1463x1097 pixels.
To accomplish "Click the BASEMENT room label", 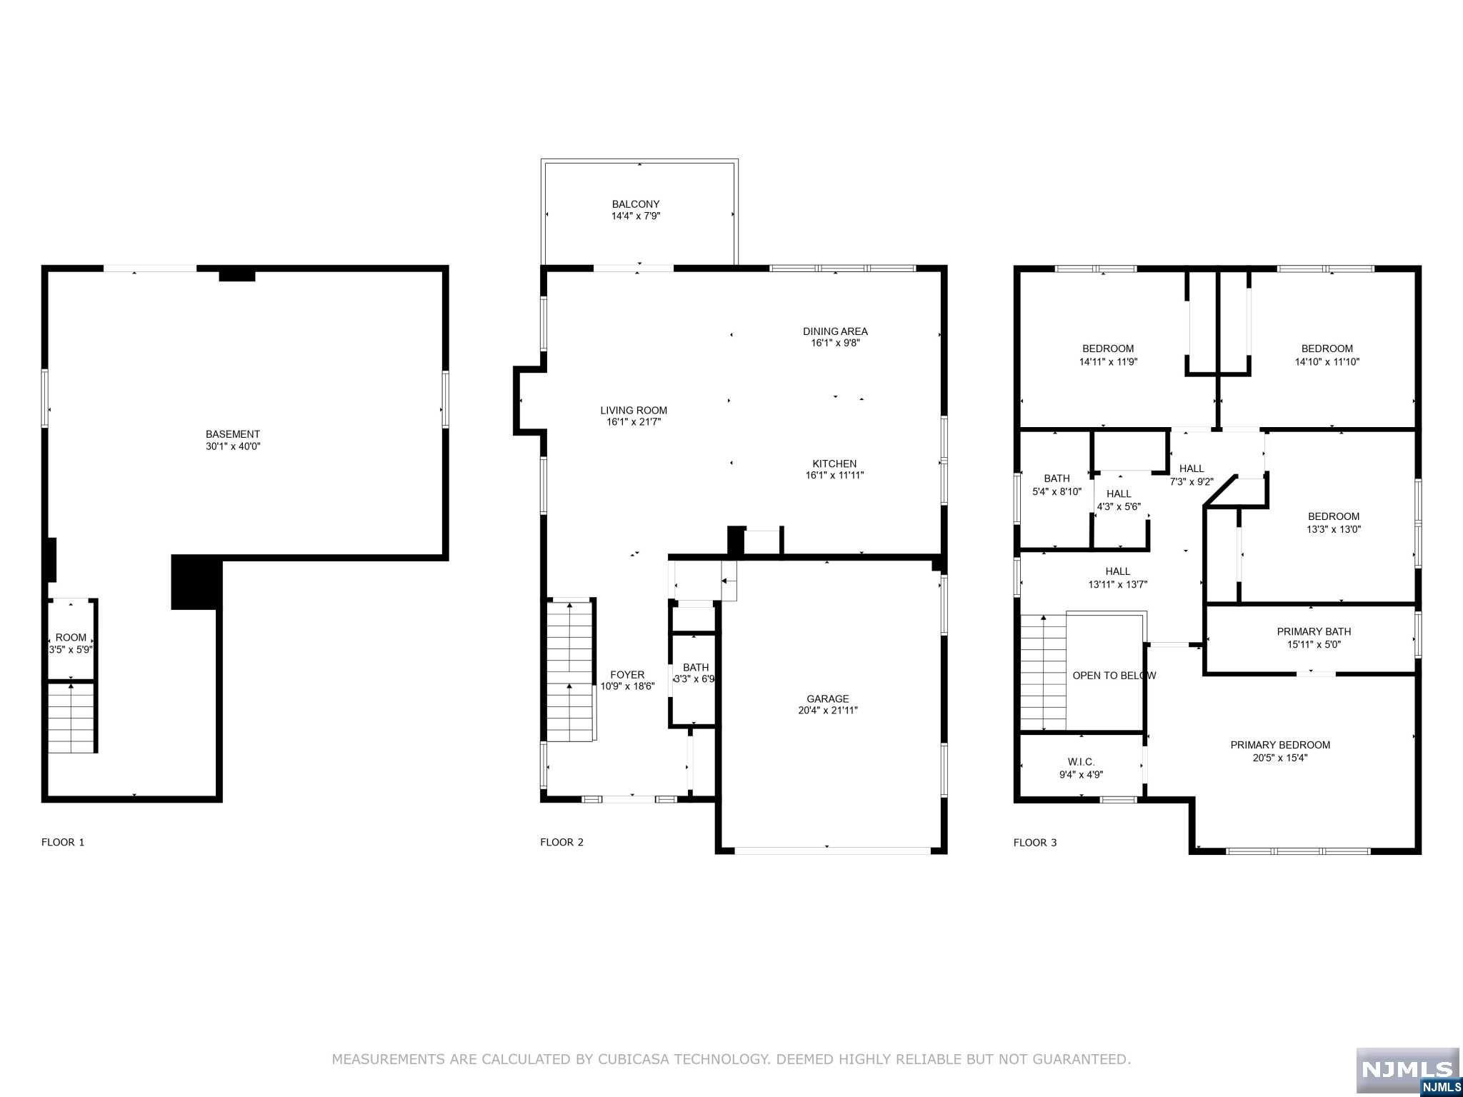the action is point(233,434).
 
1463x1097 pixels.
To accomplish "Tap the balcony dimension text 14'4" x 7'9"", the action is point(636,216).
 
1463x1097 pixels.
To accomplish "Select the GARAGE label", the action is point(828,699).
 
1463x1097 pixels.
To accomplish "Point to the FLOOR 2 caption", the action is point(561,842).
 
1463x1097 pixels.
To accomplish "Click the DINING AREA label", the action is point(835,331).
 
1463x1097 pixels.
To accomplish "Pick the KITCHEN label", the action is point(834,464).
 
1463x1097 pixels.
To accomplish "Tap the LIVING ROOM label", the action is point(634,411).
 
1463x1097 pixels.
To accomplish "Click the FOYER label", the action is point(627,675).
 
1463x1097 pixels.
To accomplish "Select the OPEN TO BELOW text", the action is point(1114,676).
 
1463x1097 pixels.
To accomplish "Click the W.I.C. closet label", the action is point(1082,762).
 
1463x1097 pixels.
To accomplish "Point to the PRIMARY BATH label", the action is point(1314,631).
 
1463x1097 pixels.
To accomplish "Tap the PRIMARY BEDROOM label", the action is point(1280,745).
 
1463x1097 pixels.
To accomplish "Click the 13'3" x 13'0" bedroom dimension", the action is point(1333,529).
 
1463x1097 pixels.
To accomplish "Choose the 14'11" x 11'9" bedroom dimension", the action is point(1108,361).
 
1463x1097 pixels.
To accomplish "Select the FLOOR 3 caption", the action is point(1035,843).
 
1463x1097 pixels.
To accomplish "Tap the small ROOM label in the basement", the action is point(71,638).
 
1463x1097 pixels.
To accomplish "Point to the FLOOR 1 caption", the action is point(63,842).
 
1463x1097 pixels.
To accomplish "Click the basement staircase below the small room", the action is point(71,718).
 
